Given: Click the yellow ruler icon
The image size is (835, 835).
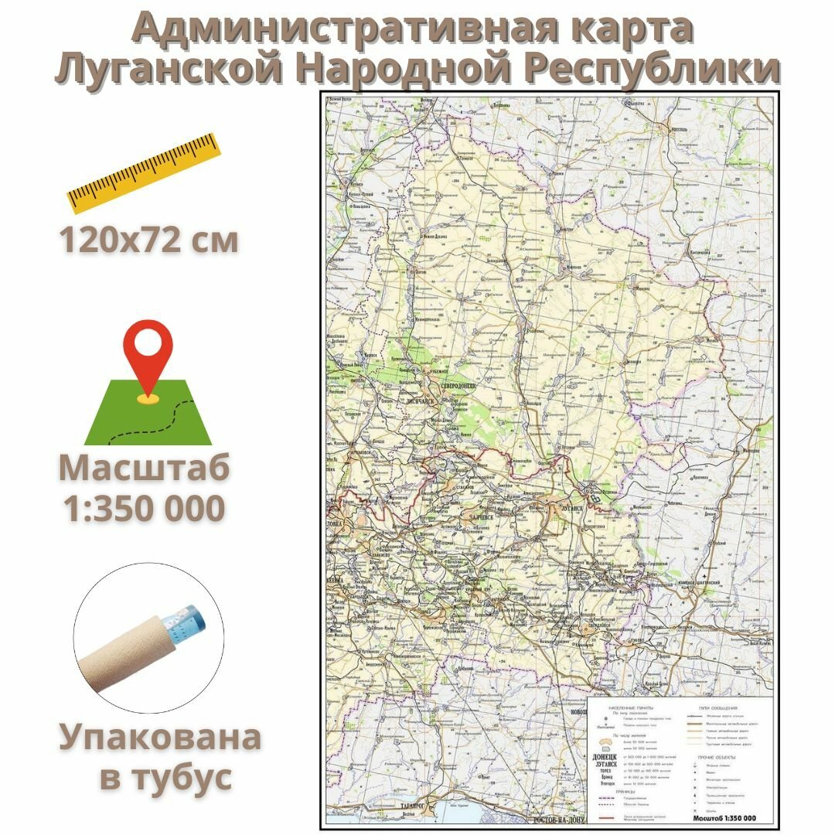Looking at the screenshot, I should click(x=144, y=172).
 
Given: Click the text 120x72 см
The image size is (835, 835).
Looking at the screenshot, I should click(x=148, y=240).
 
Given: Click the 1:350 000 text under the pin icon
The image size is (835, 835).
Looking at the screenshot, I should click(x=145, y=508).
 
